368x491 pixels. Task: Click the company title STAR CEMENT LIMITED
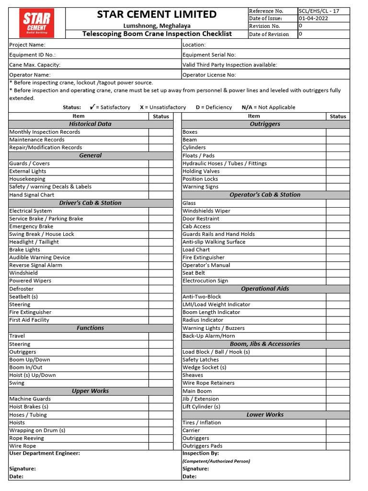(157, 14)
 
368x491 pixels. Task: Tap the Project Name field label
(27, 45)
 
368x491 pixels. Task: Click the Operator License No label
(209, 75)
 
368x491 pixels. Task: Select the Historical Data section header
(90, 124)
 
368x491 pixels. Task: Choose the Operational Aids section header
(265, 289)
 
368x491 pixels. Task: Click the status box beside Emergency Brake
(161, 226)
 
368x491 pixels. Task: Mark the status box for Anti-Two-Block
(338, 297)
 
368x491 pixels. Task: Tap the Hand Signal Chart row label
(32, 195)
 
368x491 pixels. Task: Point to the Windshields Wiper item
(206, 211)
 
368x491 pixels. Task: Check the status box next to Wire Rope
(161, 446)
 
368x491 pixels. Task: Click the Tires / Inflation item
(202, 422)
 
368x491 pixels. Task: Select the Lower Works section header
(265, 415)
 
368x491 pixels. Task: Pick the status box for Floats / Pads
(338, 156)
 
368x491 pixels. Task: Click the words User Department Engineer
(45, 453)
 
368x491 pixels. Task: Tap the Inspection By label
(200, 453)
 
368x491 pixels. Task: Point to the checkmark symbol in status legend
(91, 107)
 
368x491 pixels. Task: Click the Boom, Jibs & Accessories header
(265, 344)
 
